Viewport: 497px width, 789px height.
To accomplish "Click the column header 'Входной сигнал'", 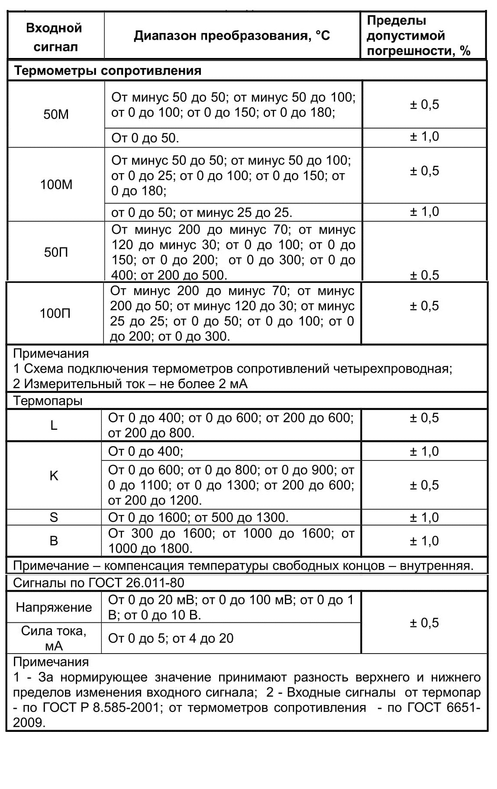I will [x=54, y=37].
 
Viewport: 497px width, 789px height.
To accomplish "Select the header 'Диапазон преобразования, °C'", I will [x=232, y=35].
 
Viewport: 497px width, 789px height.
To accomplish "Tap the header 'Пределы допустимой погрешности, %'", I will [x=418, y=36].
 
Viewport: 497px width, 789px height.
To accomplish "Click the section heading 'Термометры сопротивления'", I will [x=108, y=71].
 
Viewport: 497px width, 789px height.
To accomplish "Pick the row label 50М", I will [x=56, y=115].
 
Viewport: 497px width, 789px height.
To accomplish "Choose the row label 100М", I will [x=56, y=185].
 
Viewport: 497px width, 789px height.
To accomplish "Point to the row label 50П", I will [x=56, y=252].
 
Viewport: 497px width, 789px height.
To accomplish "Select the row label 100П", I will [x=55, y=313].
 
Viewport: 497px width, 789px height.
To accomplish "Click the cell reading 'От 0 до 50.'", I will [x=145, y=138].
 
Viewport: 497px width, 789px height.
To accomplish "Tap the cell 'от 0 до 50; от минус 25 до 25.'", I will [x=202, y=213].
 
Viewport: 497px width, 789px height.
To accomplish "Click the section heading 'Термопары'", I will [x=48, y=401].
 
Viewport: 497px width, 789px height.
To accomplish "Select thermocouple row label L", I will [x=54, y=425].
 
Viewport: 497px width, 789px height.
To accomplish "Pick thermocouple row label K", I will [x=54, y=476].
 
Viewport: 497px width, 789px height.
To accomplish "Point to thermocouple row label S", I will [x=54, y=517].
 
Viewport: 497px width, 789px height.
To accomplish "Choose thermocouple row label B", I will [x=54, y=541].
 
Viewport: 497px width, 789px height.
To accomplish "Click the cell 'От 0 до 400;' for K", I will [x=145, y=451].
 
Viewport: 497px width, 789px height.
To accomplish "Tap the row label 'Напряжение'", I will [x=54, y=607].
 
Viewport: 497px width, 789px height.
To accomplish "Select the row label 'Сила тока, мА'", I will [x=54, y=638].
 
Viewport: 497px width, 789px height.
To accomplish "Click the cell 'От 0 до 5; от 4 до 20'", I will [x=171, y=638].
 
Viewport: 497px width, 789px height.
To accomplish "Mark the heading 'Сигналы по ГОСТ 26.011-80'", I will [x=99, y=583].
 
